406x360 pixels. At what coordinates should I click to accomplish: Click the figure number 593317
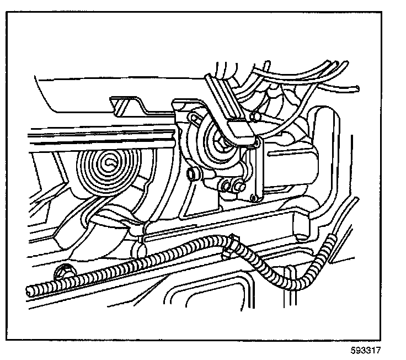coord(366,350)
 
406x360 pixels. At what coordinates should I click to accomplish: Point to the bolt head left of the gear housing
coord(193,174)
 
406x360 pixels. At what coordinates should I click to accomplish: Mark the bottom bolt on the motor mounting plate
coord(241,188)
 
